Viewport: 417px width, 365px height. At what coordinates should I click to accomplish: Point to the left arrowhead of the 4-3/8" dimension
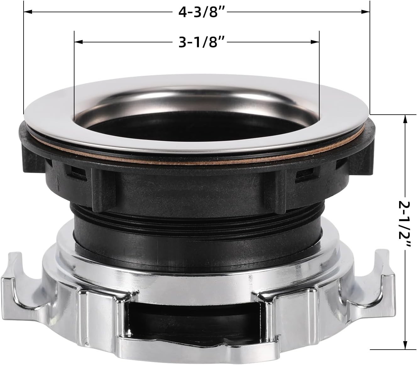28,12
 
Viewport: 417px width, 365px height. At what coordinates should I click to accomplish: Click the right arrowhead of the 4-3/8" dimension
365,12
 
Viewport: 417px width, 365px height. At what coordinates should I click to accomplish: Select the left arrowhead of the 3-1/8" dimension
79,42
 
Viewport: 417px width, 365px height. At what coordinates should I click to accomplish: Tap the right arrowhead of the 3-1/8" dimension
315,42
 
